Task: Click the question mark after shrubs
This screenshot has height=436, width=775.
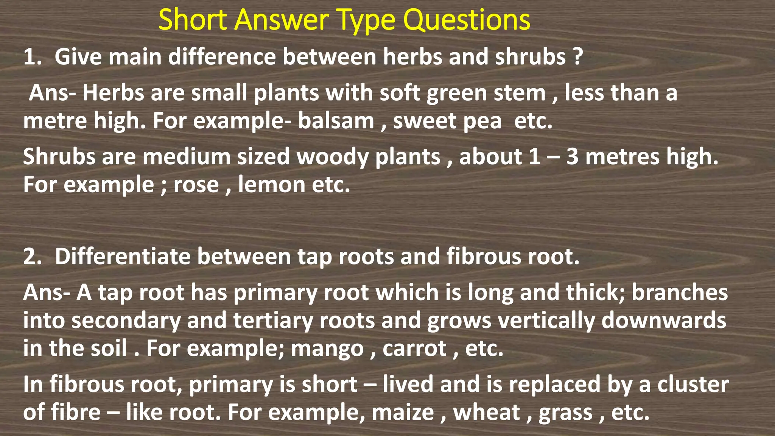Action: coord(577,57)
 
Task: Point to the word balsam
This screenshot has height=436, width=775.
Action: coord(336,121)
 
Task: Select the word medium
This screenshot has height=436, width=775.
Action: coord(186,157)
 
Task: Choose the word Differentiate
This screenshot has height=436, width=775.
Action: coord(123,257)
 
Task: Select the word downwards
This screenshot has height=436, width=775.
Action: coord(664,321)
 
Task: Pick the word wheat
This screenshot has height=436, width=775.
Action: coord(486,413)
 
